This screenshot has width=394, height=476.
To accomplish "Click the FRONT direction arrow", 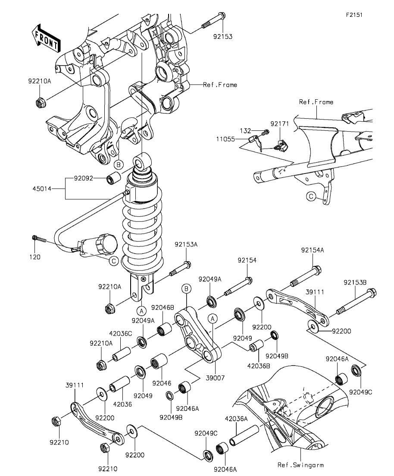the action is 46,38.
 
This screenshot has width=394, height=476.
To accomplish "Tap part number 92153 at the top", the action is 222,37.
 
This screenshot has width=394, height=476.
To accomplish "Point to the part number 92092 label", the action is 83,178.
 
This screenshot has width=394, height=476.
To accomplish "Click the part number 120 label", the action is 35,257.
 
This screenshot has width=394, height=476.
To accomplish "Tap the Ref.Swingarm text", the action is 300,465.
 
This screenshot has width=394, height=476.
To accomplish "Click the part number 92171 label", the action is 280,123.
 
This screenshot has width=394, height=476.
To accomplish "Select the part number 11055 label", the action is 225,139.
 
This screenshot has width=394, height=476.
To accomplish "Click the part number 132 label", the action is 245,131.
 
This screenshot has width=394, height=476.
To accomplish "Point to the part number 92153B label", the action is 355,282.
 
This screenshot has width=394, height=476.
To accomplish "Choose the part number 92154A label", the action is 313,250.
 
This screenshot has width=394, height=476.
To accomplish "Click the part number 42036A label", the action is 236,419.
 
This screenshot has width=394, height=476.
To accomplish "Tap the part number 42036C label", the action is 121,333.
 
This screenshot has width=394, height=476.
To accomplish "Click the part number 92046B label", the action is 163,308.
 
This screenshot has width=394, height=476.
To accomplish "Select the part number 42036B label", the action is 258,366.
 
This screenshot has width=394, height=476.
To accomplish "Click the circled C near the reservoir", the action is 113,261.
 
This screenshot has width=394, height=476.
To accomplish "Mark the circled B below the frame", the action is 119,165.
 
